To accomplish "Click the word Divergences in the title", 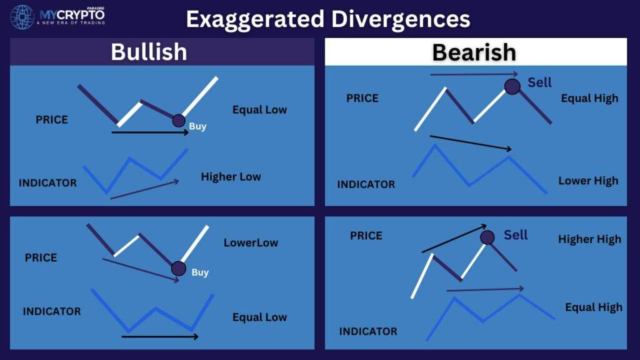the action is click(401, 19).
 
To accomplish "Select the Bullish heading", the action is click(149, 52).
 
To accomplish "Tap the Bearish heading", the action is click(474, 52).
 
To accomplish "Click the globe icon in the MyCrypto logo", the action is click(22, 17).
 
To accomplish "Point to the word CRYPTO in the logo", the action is click(81, 15).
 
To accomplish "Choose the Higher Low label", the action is click(231, 177).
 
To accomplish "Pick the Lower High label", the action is click(588, 181).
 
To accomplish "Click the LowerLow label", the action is click(251, 242).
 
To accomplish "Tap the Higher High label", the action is click(589, 239).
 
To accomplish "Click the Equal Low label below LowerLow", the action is click(259, 317).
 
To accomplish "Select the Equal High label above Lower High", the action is click(589, 98).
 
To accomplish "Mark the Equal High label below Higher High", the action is click(594, 307).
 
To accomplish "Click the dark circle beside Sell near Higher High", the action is click(487, 237).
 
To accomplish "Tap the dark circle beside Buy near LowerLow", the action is click(178, 269).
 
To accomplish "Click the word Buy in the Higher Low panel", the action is click(197, 126).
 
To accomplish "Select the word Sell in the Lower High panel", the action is click(539, 82).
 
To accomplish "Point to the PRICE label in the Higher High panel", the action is click(366, 236).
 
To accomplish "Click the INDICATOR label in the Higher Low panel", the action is click(47, 183).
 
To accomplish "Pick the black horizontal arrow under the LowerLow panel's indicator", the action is click(160, 337).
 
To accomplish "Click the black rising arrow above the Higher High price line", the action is click(454, 238).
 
